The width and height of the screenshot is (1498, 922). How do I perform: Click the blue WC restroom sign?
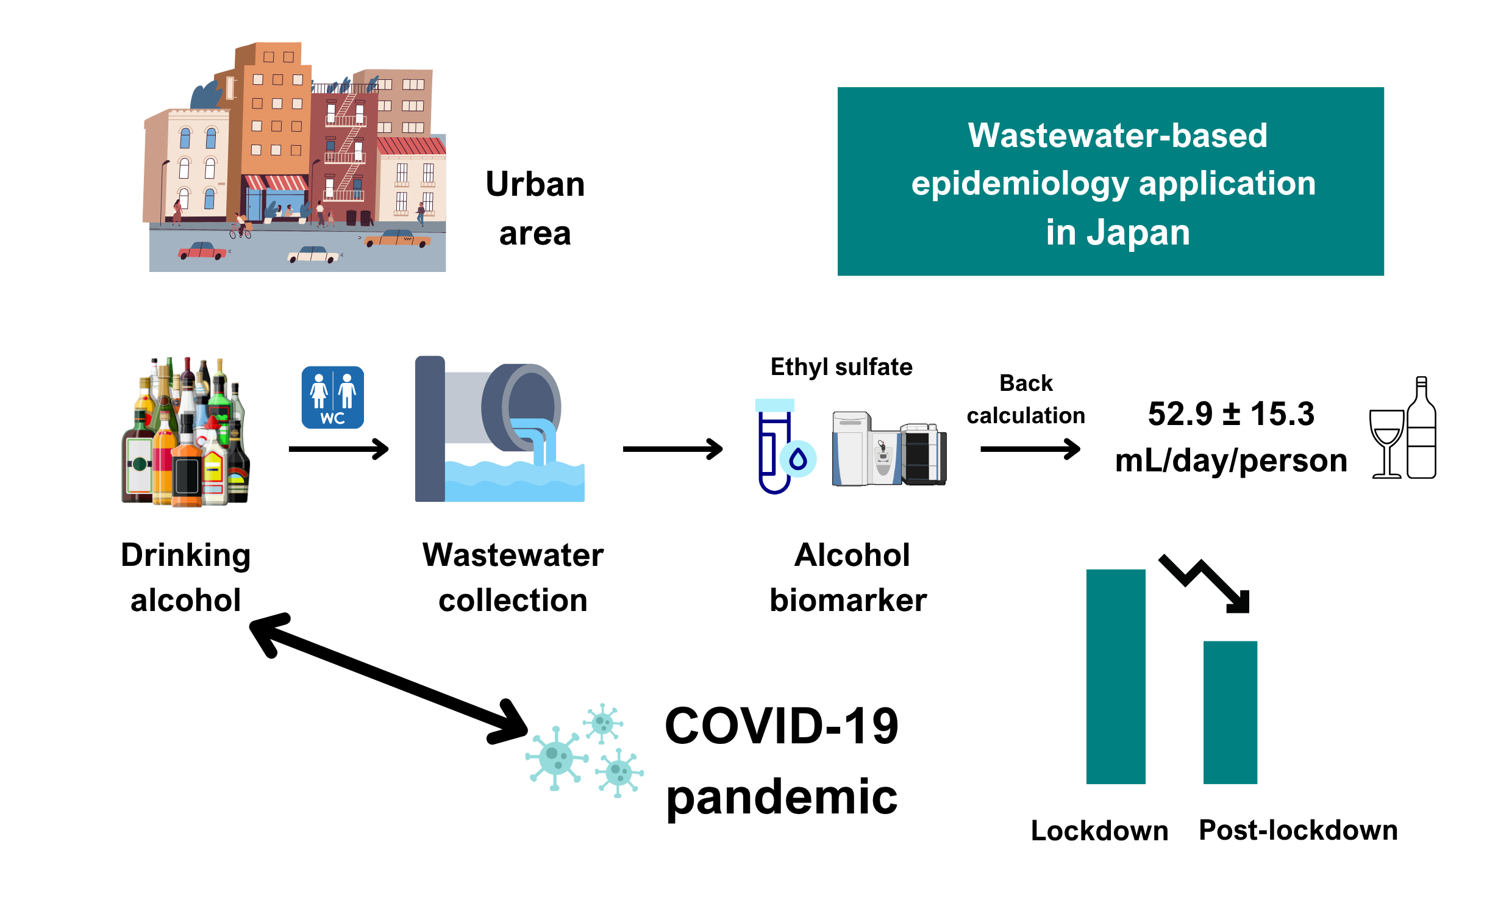332,397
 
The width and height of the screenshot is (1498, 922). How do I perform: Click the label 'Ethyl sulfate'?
841,367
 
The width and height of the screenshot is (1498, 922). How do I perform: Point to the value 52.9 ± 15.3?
1230,414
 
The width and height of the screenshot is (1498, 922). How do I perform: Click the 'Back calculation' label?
1025,399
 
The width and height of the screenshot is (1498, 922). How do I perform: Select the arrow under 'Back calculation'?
1030,449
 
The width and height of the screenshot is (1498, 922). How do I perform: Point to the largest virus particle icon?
555,758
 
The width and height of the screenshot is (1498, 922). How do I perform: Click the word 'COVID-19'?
781,726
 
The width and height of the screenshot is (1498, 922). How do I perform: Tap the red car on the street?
202,251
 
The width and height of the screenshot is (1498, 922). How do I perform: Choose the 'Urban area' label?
535,209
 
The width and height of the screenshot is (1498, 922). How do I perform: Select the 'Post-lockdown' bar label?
1297,831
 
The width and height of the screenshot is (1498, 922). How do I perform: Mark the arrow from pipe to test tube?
672,449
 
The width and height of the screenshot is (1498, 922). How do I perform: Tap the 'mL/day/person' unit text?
1230,461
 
